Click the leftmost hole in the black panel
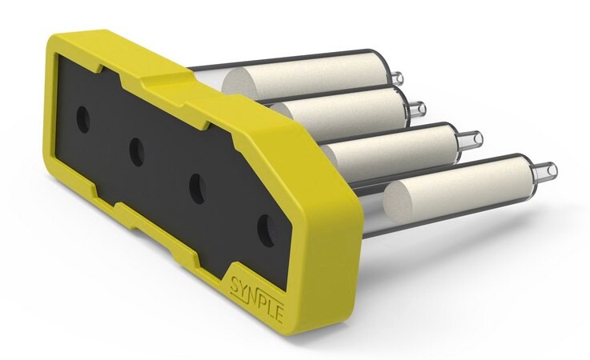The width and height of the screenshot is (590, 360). pos(83,120)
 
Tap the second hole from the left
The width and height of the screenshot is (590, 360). pos(137,152)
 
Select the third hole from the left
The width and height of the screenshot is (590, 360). pos(198,189)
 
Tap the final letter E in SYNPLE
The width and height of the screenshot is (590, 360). pos(279,314)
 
